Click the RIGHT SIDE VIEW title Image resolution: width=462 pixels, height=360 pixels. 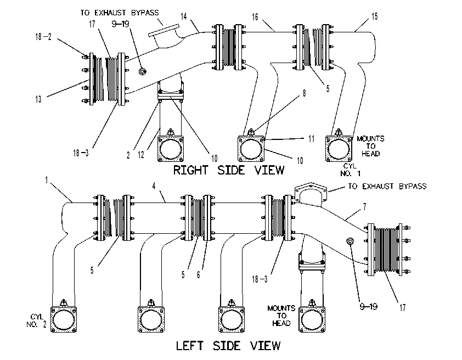click(x=229, y=170)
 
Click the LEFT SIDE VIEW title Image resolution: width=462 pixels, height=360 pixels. click(x=228, y=346)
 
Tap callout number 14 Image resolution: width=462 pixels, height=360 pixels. click(x=184, y=16)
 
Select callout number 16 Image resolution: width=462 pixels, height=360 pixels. click(x=255, y=17)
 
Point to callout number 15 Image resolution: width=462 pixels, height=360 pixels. click(x=375, y=16)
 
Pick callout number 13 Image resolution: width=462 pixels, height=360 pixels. click(x=38, y=99)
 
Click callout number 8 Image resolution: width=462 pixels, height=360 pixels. click(x=305, y=93)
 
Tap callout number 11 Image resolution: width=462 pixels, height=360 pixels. click(x=312, y=139)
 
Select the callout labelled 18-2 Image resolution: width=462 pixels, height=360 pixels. click(x=43, y=37)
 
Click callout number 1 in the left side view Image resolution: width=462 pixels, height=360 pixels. click(x=46, y=180)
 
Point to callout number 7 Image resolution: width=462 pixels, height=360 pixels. click(x=365, y=207)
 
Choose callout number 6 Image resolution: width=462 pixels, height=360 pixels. click(x=198, y=275)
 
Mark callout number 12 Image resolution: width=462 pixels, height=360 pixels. click(x=141, y=155)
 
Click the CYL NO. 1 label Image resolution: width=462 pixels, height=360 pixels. click(x=350, y=170)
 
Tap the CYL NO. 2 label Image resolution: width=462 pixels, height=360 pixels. click(x=36, y=320)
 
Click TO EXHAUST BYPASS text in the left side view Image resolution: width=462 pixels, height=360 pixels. click(x=387, y=186)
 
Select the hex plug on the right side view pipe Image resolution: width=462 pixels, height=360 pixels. click(x=142, y=71)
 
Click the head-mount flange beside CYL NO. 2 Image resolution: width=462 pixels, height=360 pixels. click(x=64, y=319)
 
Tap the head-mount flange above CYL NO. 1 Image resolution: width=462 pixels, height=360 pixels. click(x=339, y=149)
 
